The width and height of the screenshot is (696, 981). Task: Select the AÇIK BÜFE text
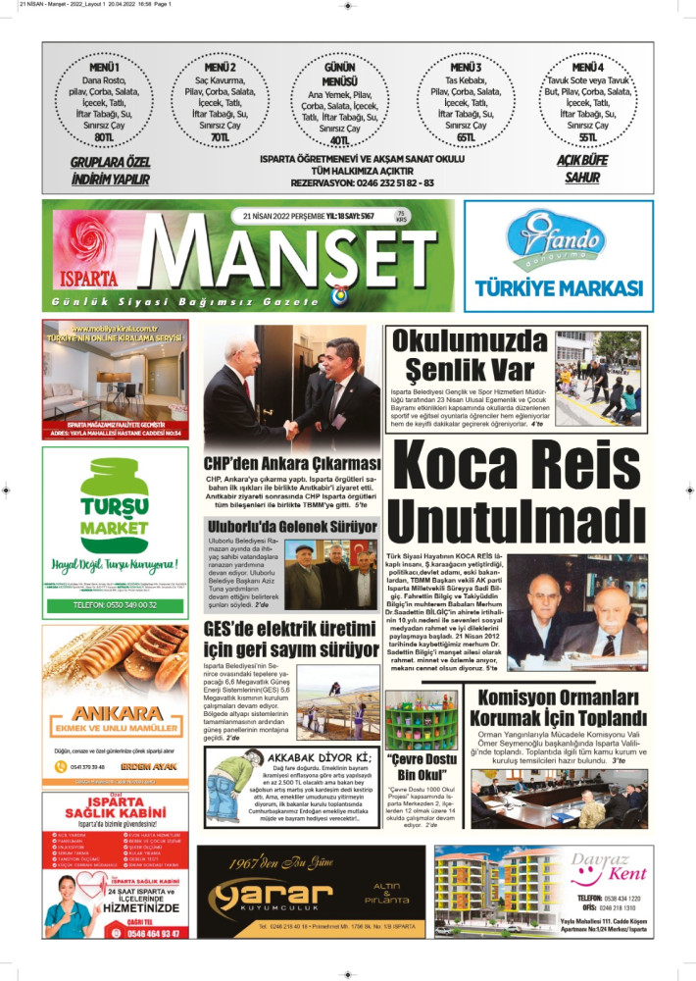(x=582, y=160)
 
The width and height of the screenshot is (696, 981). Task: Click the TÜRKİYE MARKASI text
(x=559, y=288)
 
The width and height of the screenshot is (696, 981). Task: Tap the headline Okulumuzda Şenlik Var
(x=471, y=356)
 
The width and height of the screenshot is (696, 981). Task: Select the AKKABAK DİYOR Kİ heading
(x=308, y=757)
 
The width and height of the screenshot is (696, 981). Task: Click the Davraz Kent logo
(x=609, y=869)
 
